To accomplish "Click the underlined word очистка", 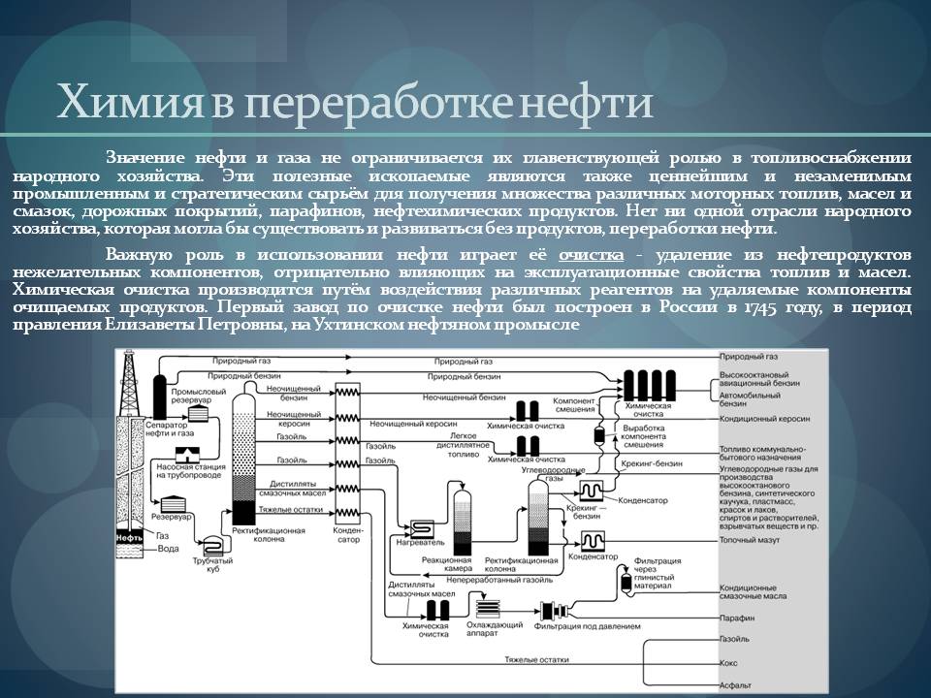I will (x=592, y=253).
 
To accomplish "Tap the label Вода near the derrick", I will (x=168, y=549).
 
